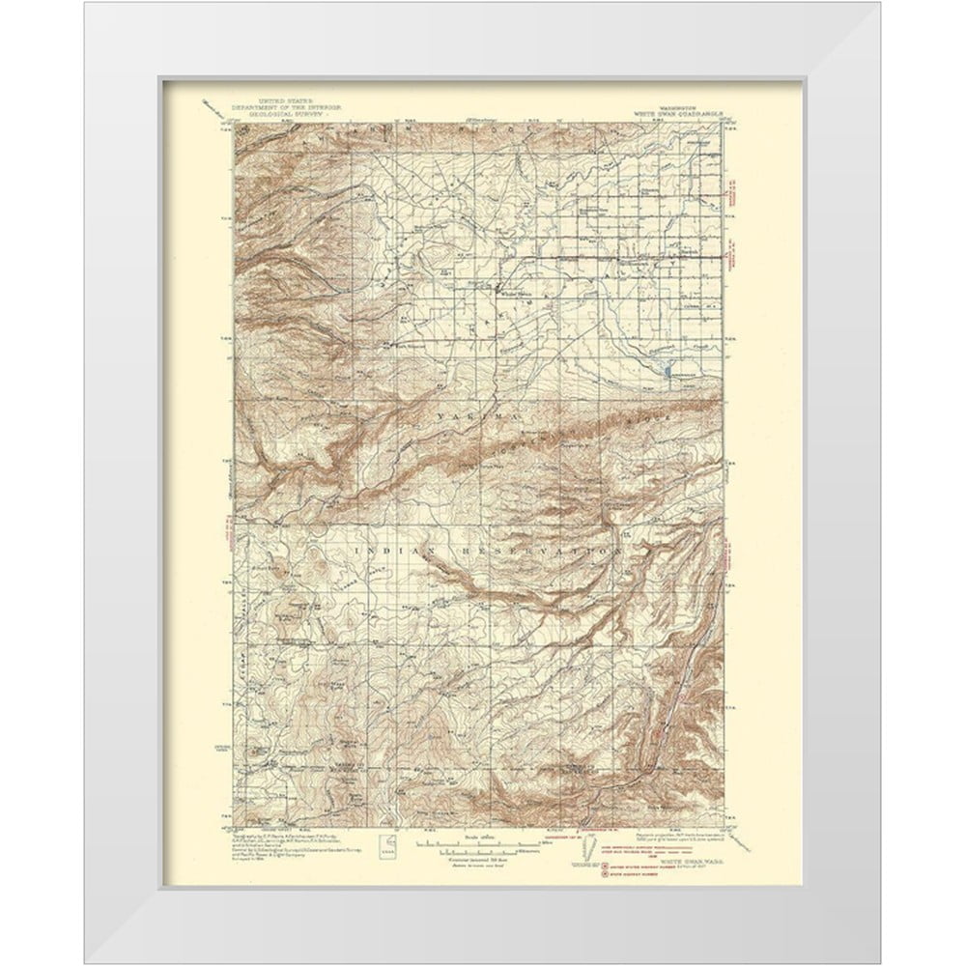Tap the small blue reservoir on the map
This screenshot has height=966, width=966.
(x=666, y=369)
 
